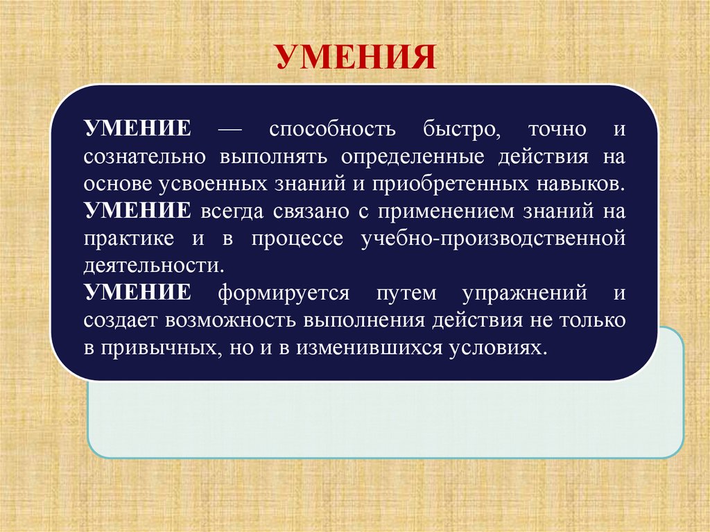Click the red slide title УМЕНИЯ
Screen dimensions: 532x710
click(x=356, y=57)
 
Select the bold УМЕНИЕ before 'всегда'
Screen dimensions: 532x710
click(x=137, y=210)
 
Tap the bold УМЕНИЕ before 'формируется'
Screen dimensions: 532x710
click(x=137, y=292)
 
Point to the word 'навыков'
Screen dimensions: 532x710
click(x=580, y=184)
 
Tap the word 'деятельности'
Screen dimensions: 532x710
click(x=154, y=265)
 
